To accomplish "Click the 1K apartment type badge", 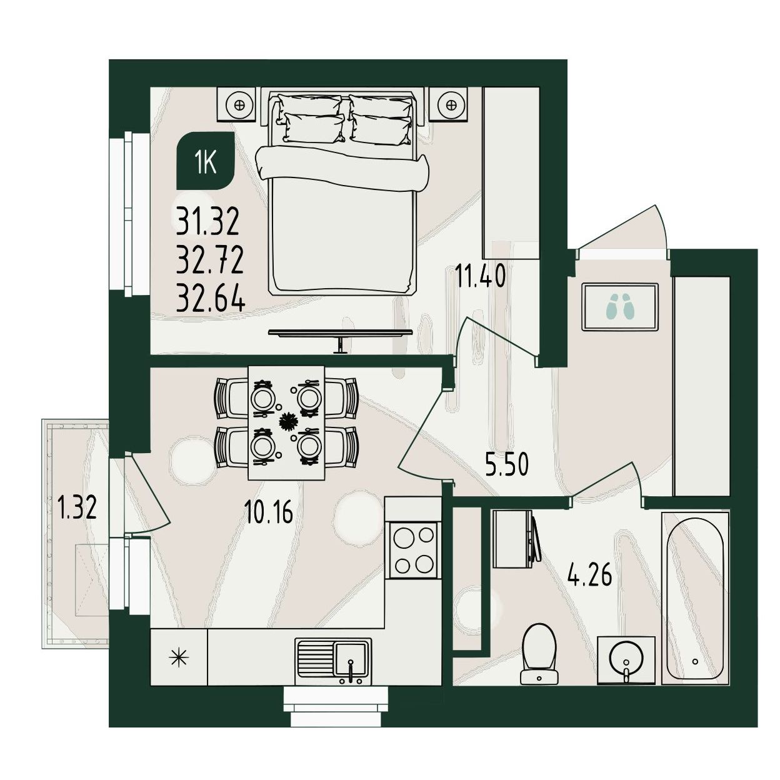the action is (x=206, y=161).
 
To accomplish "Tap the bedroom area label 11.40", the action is (x=481, y=274).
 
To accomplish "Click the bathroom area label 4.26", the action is (x=589, y=574).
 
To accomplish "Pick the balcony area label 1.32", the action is (x=77, y=508).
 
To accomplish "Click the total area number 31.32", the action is (x=207, y=221).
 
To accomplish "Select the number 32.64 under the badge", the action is (x=211, y=299).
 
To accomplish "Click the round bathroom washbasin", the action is (x=626, y=660).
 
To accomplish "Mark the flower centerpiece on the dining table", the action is (x=288, y=421).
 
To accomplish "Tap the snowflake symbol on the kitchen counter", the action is (x=179, y=657).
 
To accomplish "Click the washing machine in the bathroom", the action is (x=516, y=539).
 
